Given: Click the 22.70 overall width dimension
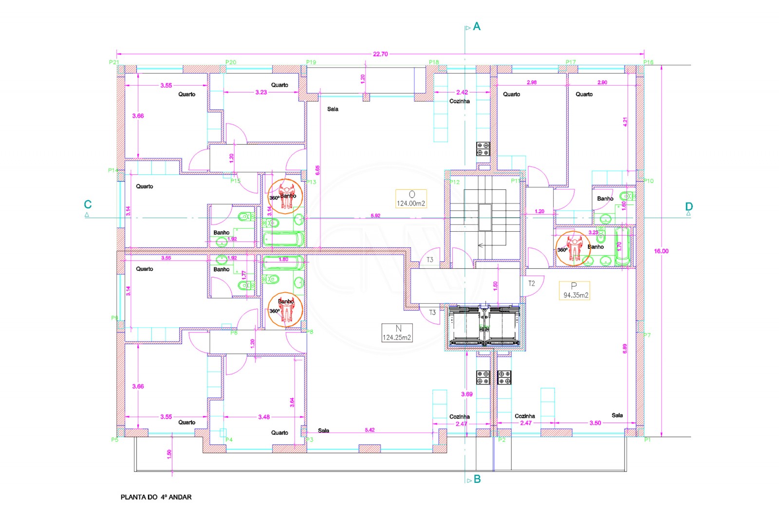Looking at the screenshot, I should [x=380, y=54].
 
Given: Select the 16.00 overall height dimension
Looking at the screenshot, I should [x=661, y=251].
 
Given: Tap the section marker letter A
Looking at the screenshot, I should [x=477, y=26].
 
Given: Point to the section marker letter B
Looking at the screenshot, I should [x=477, y=479].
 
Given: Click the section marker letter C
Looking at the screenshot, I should [x=88, y=204].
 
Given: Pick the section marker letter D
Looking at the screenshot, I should [x=689, y=206].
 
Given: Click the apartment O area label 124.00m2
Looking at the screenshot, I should [x=411, y=203].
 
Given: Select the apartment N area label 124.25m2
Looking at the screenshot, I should [x=397, y=337].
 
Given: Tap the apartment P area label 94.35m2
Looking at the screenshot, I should [x=575, y=295].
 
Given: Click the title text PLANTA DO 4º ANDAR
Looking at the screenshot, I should [x=156, y=497].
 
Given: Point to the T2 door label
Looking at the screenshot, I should [x=532, y=283].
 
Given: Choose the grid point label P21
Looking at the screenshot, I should [x=114, y=62].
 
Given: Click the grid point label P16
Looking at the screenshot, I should [x=648, y=62].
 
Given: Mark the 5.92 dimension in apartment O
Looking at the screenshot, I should [x=375, y=216].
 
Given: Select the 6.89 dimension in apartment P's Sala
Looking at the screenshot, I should [x=625, y=348].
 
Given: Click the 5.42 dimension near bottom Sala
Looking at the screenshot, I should [x=370, y=430].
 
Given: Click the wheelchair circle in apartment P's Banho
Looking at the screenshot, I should [x=573, y=248].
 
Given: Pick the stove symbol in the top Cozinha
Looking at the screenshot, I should [x=483, y=149].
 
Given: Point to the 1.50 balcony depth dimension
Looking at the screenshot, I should [x=169, y=453].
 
